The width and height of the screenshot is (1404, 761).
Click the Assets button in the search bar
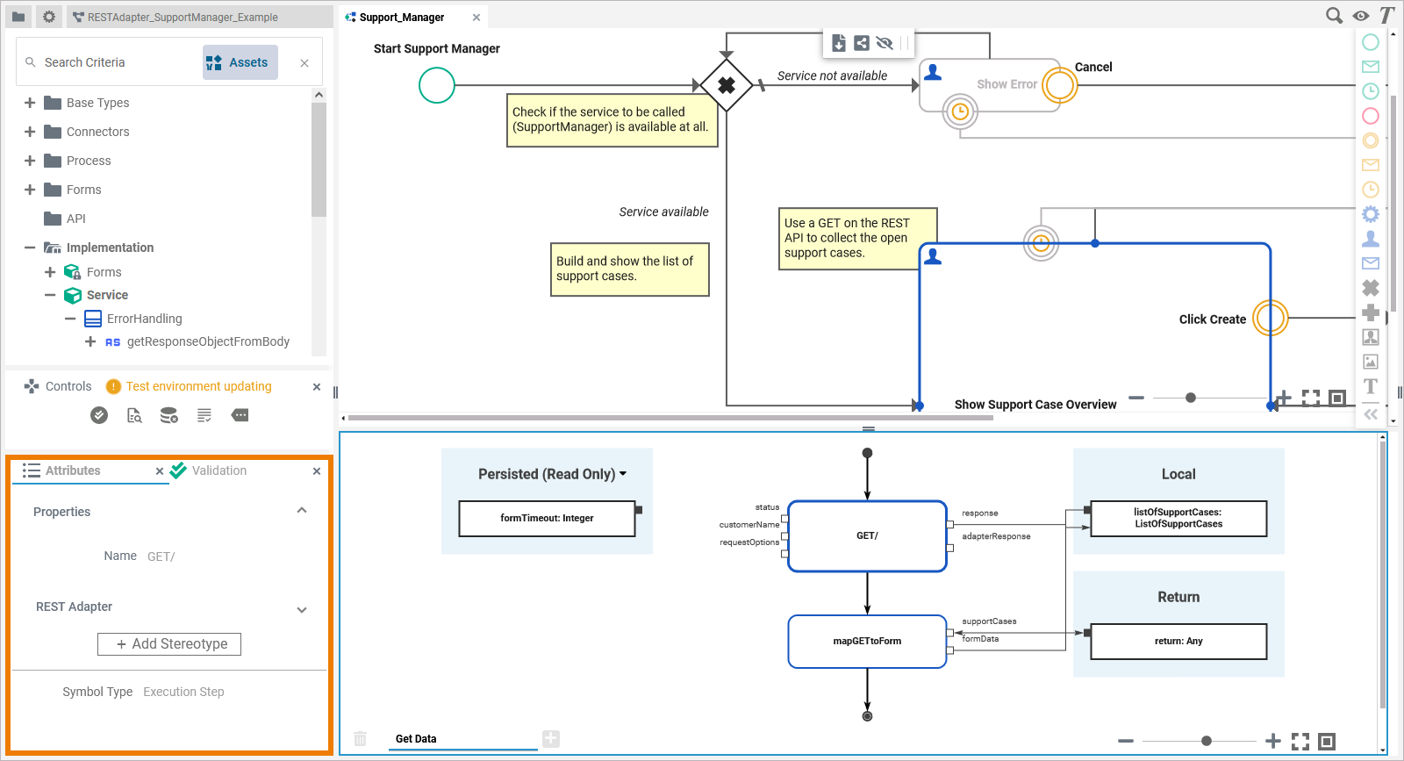point(240,62)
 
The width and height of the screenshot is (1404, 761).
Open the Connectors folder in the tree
point(97,132)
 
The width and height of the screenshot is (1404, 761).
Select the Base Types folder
point(97,103)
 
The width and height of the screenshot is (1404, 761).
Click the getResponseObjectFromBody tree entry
point(207,341)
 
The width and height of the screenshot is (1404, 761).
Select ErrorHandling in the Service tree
point(144,319)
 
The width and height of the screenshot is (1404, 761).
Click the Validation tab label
point(218,470)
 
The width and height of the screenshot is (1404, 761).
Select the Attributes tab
point(73,470)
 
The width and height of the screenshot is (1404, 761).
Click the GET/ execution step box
point(867,535)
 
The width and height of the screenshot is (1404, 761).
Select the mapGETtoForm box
point(867,641)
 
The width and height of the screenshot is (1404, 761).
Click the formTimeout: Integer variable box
point(547,518)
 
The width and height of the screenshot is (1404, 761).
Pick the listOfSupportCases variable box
point(1178,518)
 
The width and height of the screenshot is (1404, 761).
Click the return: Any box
point(1178,641)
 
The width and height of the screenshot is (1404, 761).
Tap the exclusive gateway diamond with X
point(727,85)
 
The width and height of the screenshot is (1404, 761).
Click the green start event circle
point(437,85)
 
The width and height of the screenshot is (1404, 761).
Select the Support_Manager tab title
point(402,18)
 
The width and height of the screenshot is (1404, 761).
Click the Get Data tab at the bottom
point(416,738)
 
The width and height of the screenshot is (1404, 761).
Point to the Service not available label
point(832,76)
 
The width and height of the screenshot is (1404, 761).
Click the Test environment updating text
point(198,386)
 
